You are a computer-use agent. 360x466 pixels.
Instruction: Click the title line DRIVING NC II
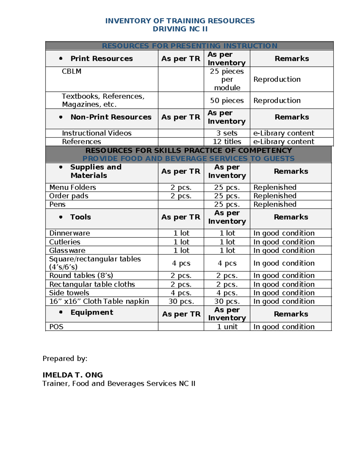pyautogui.click(x=180, y=29)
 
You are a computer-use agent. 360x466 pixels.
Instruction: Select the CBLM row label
pyautogui.click(x=71, y=71)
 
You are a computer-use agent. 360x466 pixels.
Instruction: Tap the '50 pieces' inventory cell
pyautogui.click(x=227, y=101)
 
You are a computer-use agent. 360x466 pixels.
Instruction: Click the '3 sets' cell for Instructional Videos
pyautogui.click(x=227, y=133)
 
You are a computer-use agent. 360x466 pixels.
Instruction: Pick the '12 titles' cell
pyautogui.click(x=227, y=142)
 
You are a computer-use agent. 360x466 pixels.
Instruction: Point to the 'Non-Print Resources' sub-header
pyautogui.click(x=111, y=117)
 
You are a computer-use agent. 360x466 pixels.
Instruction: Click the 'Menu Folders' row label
pyautogui.click(x=73, y=188)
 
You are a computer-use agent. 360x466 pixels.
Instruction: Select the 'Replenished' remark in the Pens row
pyautogui.click(x=275, y=204)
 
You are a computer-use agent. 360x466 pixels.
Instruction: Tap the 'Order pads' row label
pyautogui.click(x=69, y=196)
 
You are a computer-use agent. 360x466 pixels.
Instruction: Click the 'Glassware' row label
pyautogui.click(x=67, y=251)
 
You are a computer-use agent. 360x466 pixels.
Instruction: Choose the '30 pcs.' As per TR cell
pyautogui.click(x=181, y=302)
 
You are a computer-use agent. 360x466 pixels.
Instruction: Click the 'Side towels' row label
pyautogui.click(x=69, y=293)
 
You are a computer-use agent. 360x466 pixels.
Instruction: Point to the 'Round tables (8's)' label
pyautogui.click(x=81, y=275)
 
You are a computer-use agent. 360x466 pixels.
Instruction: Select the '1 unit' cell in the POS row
pyautogui.click(x=227, y=327)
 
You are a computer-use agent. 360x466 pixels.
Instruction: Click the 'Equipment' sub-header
pyautogui.click(x=92, y=312)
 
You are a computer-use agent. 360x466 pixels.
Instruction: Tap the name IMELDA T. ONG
pyautogui.click(x=73, y=375)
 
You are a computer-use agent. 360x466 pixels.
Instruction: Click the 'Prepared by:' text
pyautogui.click(x=65, y=359)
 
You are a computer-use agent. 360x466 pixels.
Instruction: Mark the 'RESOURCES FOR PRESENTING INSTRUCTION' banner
pyautogui.click(x=189, y=46)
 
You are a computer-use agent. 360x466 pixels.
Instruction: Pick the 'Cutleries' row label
pyautogui.click(x=64, y=242)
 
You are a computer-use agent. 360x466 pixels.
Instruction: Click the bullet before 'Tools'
pyautogui.click(x=61, y=217)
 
